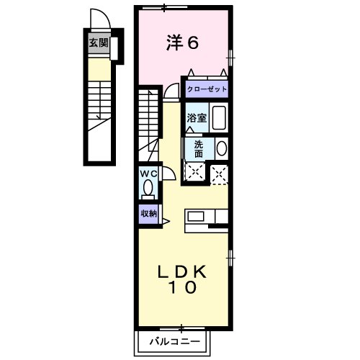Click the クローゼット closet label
[207, 89]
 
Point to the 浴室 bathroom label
[197, 118]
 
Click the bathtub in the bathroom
[220, 117]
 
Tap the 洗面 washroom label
[197, 148]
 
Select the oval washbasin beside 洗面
[221, 148]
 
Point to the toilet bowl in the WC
[148, 189]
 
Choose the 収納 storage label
[148, 213]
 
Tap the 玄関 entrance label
[99, 43]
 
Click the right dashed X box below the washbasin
[219, 171]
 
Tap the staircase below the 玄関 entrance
[98, 108]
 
